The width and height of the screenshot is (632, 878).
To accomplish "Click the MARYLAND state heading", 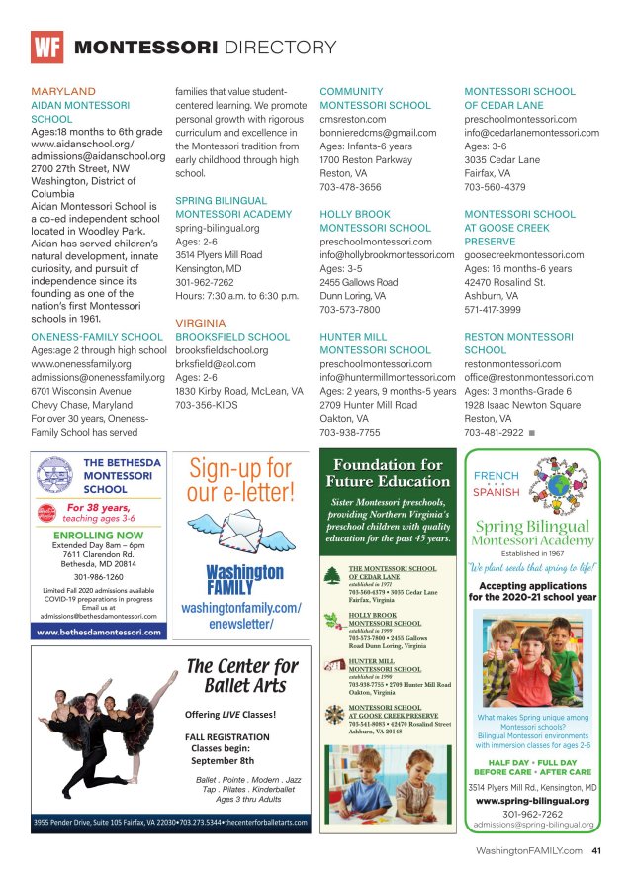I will (x=63, y=91).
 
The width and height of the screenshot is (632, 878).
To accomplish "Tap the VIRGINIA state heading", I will (x=202, y=323).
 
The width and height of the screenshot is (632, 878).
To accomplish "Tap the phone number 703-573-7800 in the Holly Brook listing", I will (x=350, y=308).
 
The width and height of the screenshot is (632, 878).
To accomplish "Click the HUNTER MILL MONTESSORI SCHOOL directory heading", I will (x=375, y=343).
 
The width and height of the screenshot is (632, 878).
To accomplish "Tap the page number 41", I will (x=596, y=849).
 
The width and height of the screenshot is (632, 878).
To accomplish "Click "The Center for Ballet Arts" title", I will (x=242, y=676).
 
